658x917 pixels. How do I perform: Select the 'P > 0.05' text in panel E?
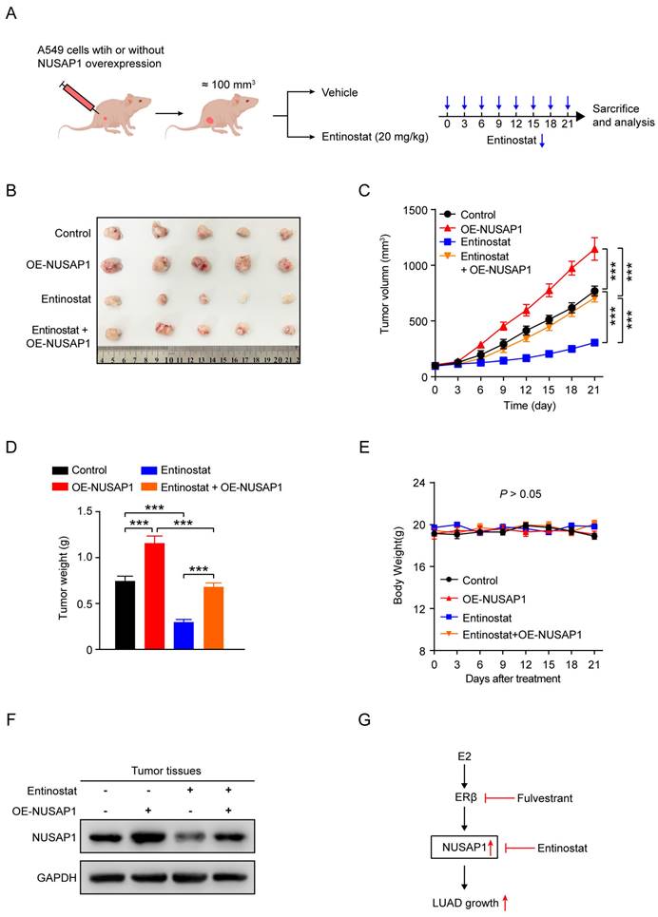point(525,495)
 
